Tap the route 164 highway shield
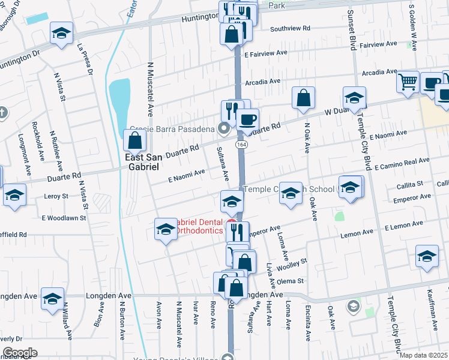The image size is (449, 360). (x=241, y=145)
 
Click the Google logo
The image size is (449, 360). (x=19, y=353)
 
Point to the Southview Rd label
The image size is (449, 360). (x=290, y=28)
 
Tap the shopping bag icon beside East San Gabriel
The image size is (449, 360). (x=136, y=141)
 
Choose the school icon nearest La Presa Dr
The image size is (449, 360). (x=61, y=34)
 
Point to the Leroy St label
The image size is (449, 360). (x=56, y=196)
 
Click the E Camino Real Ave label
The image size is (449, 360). (x=402, y=163)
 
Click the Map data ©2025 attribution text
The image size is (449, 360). (x=424, y=355)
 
